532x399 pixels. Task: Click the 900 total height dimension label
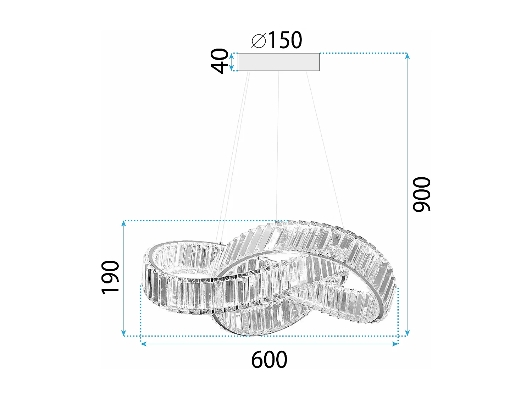[421, 194]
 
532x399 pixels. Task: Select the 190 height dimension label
[110, 277]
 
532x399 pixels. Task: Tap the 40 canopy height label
[220, 61]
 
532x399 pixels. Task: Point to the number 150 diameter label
[285, 40]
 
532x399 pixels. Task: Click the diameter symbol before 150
[259, 41]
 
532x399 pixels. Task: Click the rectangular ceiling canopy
[278, 62]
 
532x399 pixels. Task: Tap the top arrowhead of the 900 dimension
[407, 56]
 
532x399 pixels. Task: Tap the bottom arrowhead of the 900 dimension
[407, 333]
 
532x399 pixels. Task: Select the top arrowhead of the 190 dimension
[123, 223]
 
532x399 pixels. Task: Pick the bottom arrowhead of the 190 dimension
[123, 333]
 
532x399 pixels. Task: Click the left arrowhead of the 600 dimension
[143, 344]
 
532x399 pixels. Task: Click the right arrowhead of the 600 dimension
[395, 344]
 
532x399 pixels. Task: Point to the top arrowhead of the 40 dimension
[232, 55]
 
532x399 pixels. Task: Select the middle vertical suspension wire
[278, 142]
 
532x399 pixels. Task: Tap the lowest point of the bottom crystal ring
[248, 334]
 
